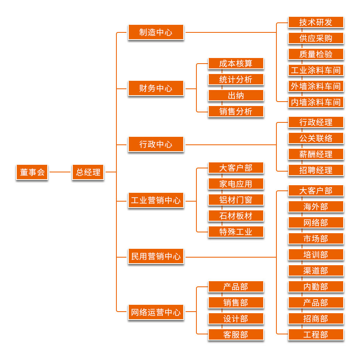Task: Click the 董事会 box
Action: (x=32, y=172)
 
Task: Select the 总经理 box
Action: (x=88, y=172)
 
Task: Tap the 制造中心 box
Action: (x=156, y=32)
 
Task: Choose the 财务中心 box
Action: (x=156, y=88)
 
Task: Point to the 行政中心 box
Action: (x=156, y=144)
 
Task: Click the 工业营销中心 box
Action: (x=156, y=200)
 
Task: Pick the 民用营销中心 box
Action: (x=156, y=256)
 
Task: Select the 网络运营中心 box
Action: (x=156, y=312)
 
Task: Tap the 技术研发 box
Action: (x=316, y=22)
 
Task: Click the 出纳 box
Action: (x=236, y=96)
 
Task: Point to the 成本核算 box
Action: (x=236, y=64)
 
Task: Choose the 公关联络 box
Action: (x=316, y=138)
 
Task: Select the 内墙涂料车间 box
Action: (x=316, y=102)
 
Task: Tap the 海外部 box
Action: (x=316, y=207)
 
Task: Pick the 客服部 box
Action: (x=236, y=335)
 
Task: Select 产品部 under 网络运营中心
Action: (x=236, y=287)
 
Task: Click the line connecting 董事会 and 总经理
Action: (x=60, y=172)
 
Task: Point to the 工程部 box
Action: (x=316, y=335)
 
